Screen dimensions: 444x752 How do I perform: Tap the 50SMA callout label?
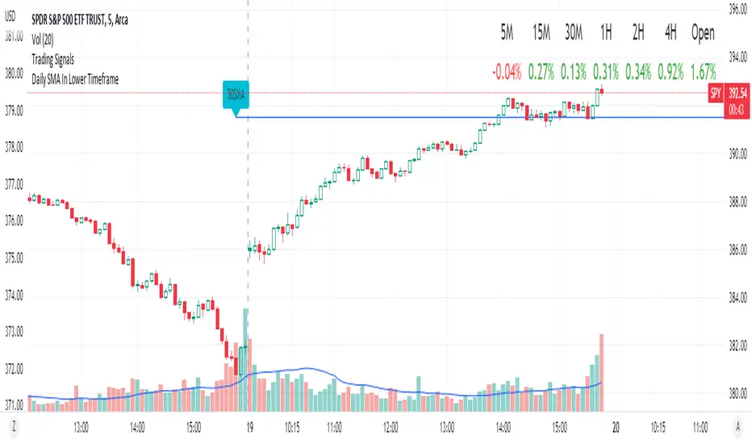click(x=236, y=95)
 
